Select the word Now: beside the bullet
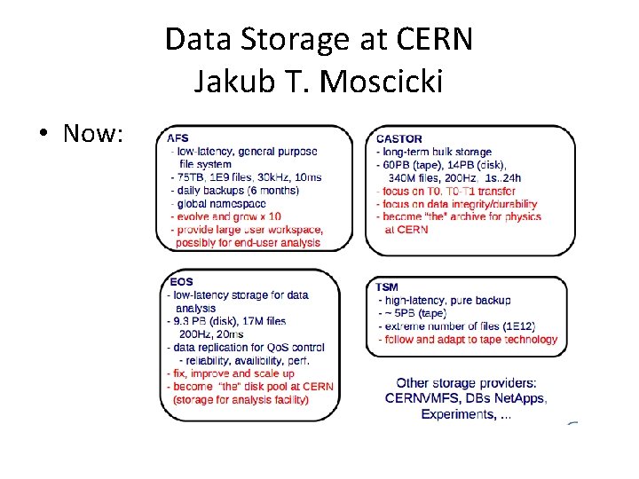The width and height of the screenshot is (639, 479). [93, 134]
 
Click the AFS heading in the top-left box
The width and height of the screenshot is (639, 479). [177, 138]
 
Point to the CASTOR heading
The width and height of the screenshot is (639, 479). [398, 138]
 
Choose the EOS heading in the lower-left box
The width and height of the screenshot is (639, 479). [180, 282]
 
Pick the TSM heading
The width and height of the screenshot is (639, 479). [387, 287]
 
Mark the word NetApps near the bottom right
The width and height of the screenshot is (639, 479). [519, 398]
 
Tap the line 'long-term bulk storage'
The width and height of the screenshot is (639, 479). [438, 152]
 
